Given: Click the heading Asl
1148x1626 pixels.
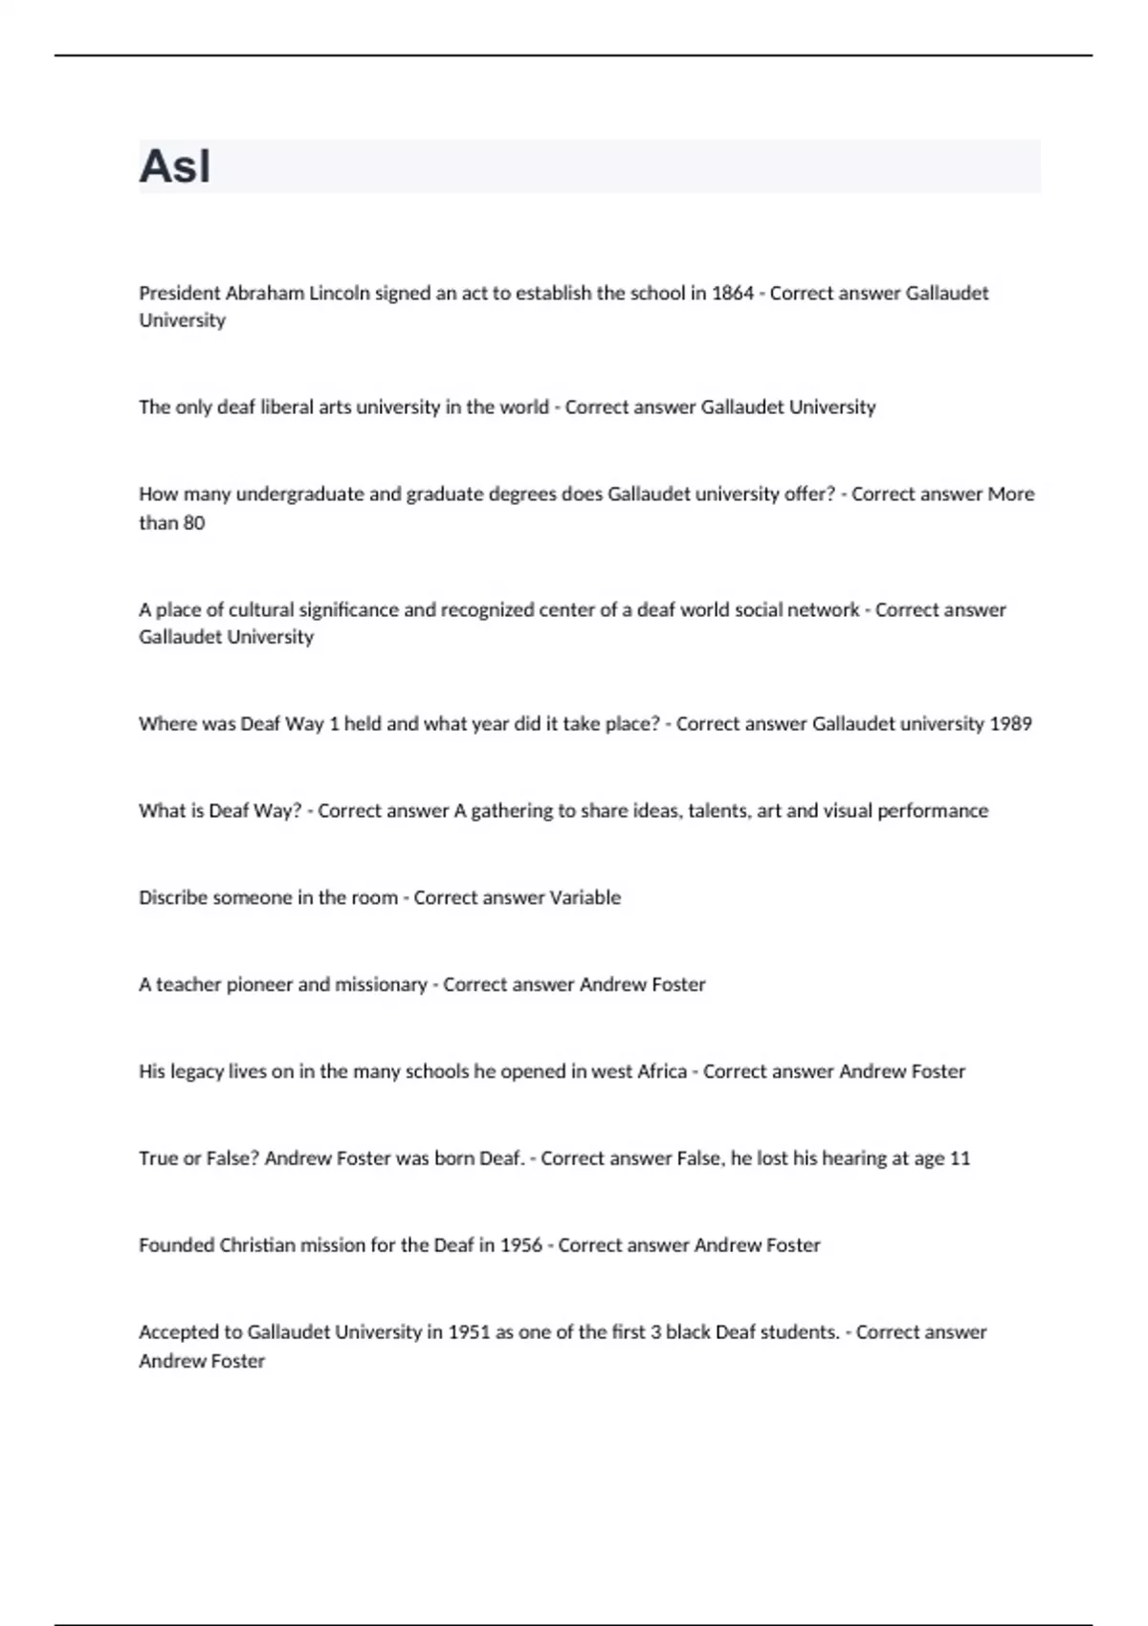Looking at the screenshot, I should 175,166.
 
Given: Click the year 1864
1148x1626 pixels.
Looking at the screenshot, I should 732,294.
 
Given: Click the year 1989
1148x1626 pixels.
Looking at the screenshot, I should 1010,724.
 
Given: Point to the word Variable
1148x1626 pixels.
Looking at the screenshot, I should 585,898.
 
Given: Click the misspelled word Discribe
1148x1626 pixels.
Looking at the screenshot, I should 174,898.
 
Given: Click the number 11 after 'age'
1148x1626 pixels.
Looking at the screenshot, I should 960,1159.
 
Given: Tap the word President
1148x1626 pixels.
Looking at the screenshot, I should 179,294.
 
